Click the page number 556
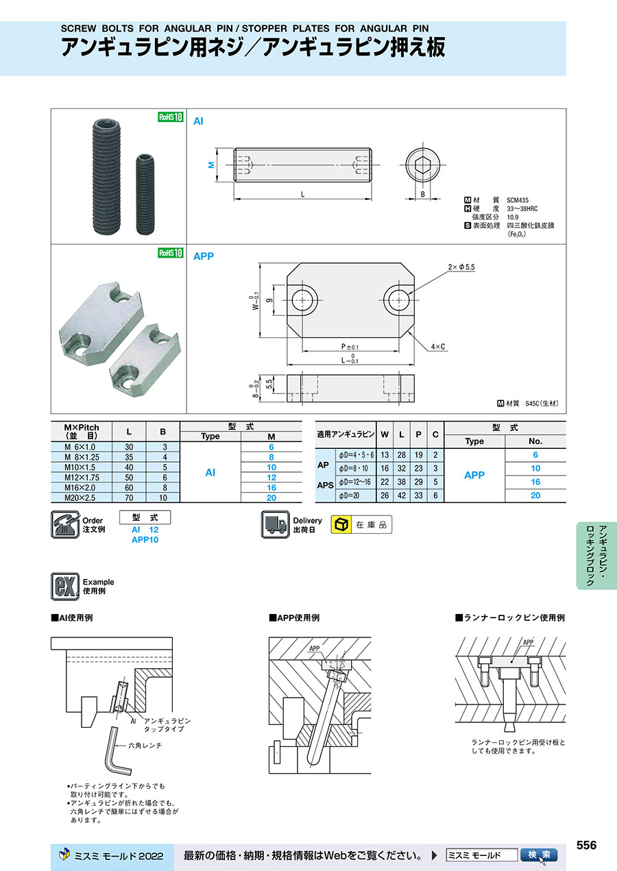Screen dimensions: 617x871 (x=586, y=845)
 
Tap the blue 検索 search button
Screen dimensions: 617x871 (x=539, y=855)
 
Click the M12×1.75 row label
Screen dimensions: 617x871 (x=82, y=478)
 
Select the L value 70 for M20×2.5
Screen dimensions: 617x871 (x=129, y=498)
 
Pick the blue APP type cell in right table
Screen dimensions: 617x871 (x=474, y=475)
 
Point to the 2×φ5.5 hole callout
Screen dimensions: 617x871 (x=461, y=267)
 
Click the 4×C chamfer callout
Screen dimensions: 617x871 (x=437, y=347)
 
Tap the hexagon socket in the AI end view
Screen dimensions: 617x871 (x=422, y=165)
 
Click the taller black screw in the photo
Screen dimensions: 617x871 (x=106, y=176)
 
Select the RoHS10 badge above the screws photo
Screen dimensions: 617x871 (x=171, y=116)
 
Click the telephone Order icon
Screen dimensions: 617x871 (x=65, y=524)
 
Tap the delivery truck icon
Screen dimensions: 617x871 (x=275, y=524)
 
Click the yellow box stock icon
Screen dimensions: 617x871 (x=341, y=524)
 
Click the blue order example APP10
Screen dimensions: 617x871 (x=145, y=540)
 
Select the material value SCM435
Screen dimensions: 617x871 (x=518, y=200)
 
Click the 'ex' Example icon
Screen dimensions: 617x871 (x=65, y=587)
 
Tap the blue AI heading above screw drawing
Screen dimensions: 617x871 (x=198, y=121)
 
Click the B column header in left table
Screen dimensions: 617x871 (x=162, y=432)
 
